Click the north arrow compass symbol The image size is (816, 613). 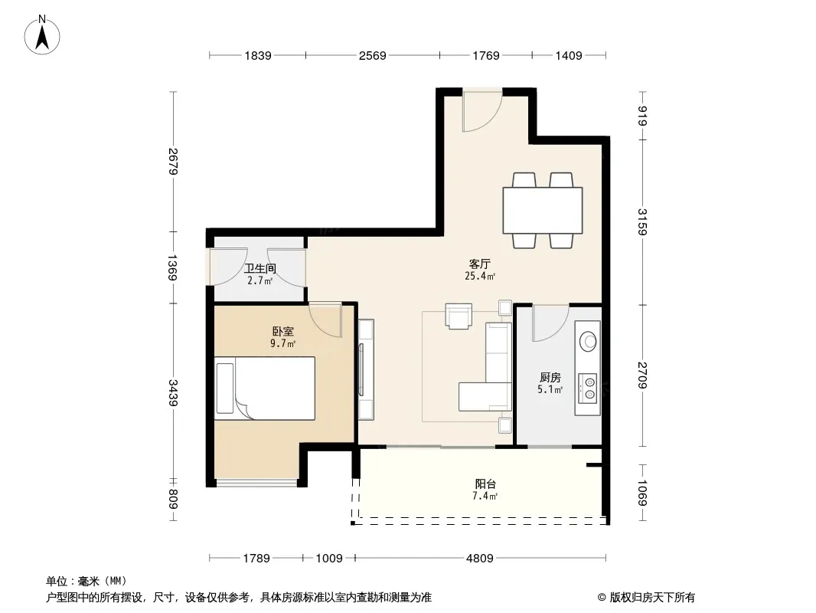click(42, 35)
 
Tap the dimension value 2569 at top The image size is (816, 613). click(373, 55)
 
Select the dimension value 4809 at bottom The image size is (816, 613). click(479, 559)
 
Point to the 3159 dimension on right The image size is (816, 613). click(643, 222)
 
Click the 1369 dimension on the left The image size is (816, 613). click(173, 267)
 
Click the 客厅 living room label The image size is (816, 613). click(479, 264)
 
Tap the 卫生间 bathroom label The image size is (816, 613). click(260, 269)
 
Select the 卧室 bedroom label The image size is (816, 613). click(283, 331)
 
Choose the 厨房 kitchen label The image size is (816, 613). click(550, 377)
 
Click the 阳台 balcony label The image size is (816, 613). click(485, 484)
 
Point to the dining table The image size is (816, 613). click(542, 211)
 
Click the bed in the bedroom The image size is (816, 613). click(265, 388)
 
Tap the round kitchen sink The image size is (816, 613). click(589, 342)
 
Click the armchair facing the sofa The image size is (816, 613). click(459, 316)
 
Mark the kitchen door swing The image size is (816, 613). click(550, 323)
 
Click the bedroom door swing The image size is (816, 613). click(325, 320)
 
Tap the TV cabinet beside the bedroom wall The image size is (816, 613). click(366, 369)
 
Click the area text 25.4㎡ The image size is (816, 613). click(480, 277)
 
